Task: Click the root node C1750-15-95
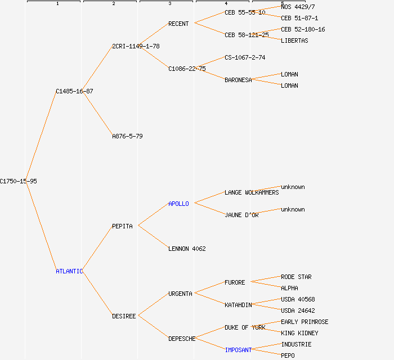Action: [x=19, y=181]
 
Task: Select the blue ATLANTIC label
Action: [x=69, y=271]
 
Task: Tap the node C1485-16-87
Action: [x=74, y=91]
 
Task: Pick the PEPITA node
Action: [x=122, y=226]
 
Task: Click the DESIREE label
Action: [x=124, y=316]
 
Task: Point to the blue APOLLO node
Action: [x=178, y=204]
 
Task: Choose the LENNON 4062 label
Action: [x=187, y=249]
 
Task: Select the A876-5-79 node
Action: [x=127, y=136]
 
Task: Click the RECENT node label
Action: [x=178, y=24]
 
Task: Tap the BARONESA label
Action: [x=238, y=80]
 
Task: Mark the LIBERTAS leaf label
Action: [x=294, y=40]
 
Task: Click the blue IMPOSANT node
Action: [x=238, y=350]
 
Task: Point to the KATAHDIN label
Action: [x=238, y=305]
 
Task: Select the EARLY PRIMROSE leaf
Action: [x=305, y=322]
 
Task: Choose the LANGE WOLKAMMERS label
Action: [x=252, y=192]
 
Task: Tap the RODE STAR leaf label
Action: [x=296, y=277]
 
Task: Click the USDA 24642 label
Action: [x=298, y=310]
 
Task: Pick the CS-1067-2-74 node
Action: [x=245, y=57]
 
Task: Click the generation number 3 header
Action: [x=169, y=4]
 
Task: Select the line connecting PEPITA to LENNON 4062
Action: [x=153, y=237]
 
